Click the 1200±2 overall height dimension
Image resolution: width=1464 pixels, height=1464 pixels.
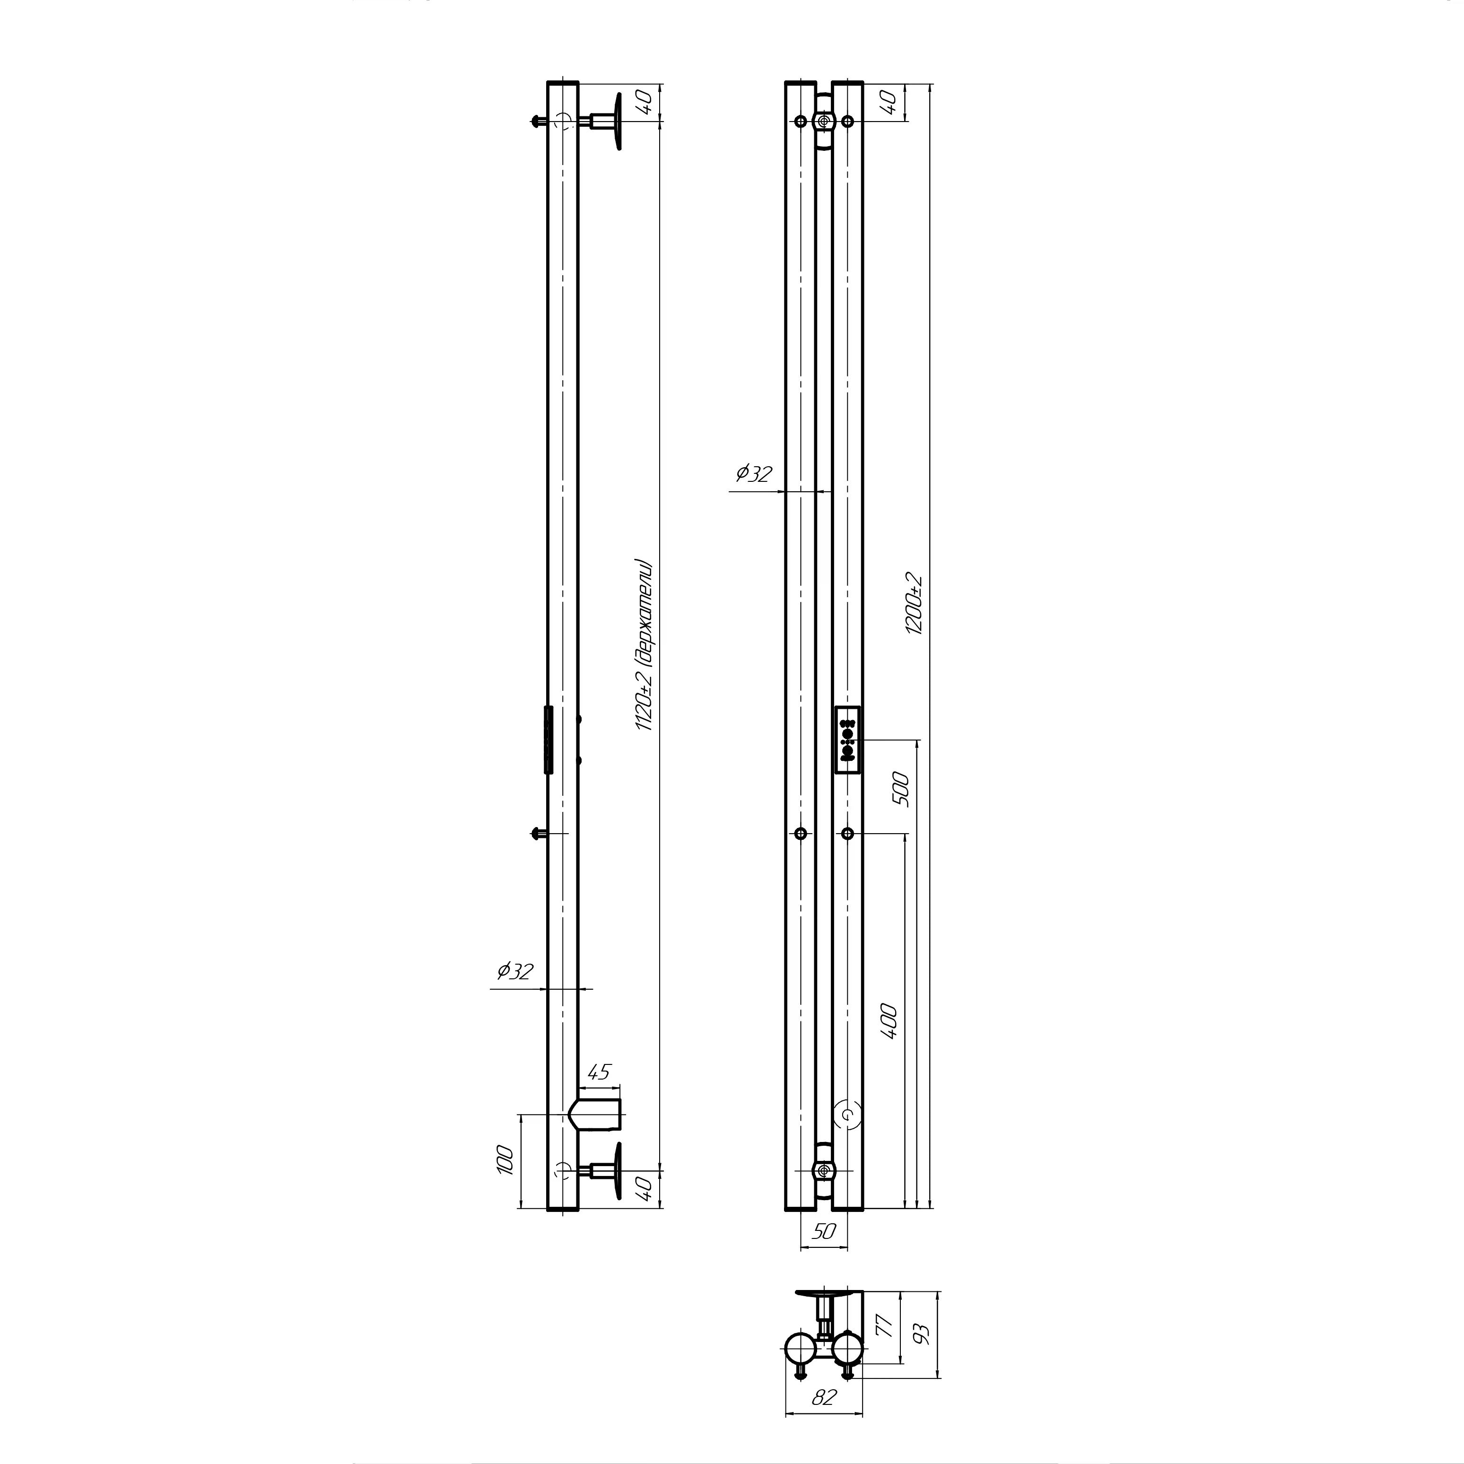point(915,603)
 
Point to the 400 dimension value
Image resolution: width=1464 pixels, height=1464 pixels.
point(889,1021)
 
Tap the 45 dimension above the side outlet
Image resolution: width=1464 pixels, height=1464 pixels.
point(599,1072)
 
